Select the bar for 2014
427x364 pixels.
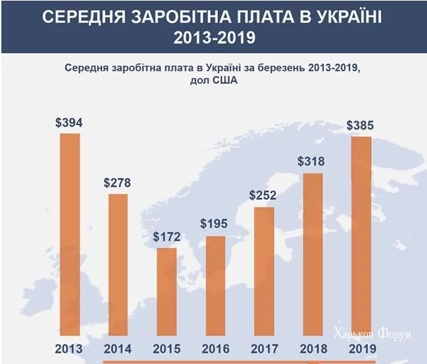pyautogui.click(x=118, y=264)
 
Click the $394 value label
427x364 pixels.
pyautogui.click(x=69, y=123)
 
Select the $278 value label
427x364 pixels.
pyautogui.click(x=118, y=183)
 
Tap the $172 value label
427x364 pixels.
pyautogui.click(x=166, y=236)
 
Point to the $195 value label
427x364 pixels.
pyautogui.click(x=215, y=225)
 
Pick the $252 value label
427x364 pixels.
pyautogui.click(x=263, y=196)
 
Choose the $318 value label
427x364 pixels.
pyautogui.click(x=311, y=162)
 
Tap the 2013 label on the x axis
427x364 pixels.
pyautogui.click(x=69, y=349)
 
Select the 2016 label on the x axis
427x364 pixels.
pyautogui.click(x=215, y=349)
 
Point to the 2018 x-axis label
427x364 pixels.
pyautogui.click(x=312, y=349)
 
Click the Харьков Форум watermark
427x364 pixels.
pyautogui.click(x=372, y=334)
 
